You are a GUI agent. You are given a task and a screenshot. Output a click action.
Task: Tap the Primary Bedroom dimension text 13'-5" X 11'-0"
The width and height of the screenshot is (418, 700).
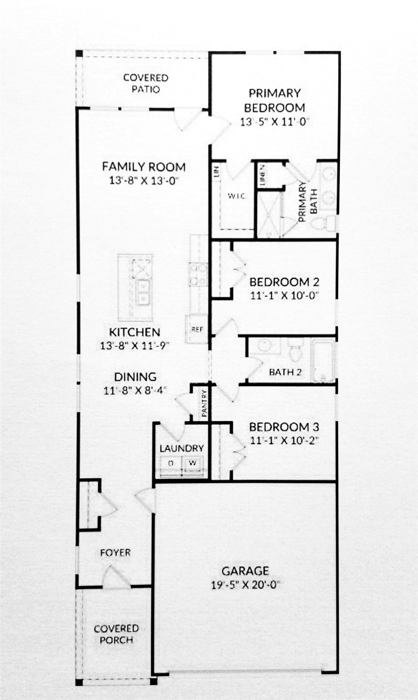click(274, 122)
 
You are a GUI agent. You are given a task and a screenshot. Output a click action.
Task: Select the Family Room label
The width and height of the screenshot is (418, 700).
click(144, 167)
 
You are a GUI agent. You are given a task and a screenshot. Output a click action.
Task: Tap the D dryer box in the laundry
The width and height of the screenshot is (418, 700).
click(170, 463)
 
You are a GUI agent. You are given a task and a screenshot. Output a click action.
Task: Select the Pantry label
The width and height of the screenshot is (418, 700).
click(204, 404)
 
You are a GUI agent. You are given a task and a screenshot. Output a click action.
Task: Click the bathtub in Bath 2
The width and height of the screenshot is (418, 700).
click(323, 360)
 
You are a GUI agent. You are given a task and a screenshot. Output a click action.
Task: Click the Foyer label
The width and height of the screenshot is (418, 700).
click(115, 553)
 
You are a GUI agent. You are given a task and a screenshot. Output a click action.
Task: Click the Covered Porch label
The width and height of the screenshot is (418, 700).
click(116, 634)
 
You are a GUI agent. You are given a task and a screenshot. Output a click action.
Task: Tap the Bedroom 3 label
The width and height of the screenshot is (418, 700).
click(284, 427)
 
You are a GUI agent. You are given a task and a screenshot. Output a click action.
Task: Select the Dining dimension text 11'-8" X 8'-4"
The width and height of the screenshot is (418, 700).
click(135, 390)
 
